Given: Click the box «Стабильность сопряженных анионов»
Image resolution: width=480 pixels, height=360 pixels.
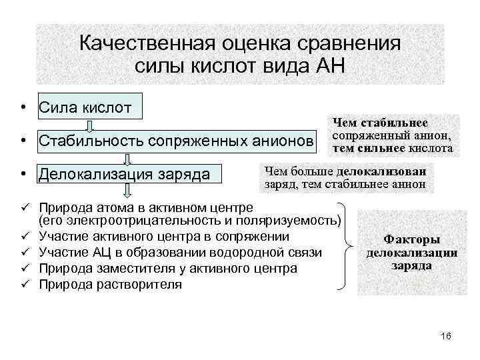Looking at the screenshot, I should [175, 141].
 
